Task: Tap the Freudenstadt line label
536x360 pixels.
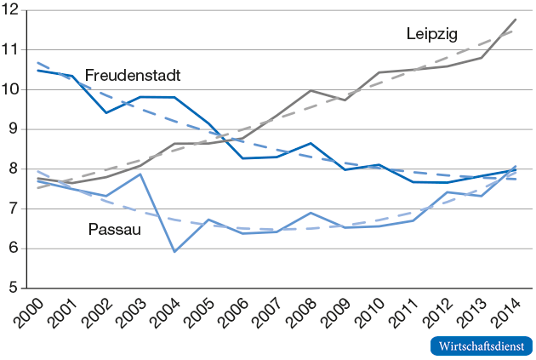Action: point(132,76)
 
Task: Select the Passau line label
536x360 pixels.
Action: point(115,229)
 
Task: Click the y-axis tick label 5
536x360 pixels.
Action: point(14,289)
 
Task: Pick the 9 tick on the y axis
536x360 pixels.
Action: point(14,129)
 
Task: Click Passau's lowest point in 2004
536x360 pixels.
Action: point(174,252)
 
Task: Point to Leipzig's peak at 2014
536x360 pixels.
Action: point(516,19)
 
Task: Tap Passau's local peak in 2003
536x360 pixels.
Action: point(140,174)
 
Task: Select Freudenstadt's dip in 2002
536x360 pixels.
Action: point(106,112)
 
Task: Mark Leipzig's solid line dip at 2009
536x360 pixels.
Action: point(345,100)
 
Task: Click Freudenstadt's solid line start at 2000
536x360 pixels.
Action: point(38,71)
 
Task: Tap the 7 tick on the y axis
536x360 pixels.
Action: point(14,209)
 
